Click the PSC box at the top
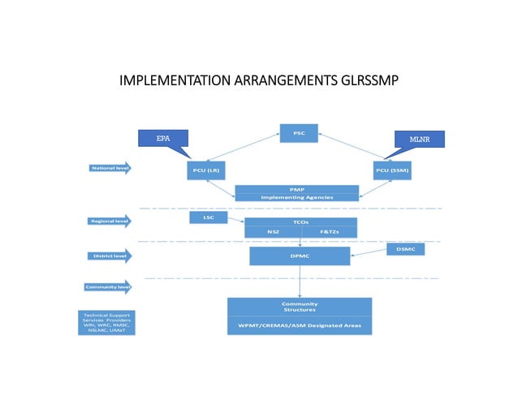pos(298,133)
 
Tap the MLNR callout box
pos(419,139)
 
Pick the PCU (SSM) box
pos(392,170)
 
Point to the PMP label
pos(296,189)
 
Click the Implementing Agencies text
pos(296,197)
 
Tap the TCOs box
pos(301,222)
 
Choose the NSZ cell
pos(273,232)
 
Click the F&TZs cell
pos(330,232)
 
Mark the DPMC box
pos(300,256)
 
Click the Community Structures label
pos(299,307)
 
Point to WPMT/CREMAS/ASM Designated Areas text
pos(299,326)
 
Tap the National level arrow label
pos(109,169)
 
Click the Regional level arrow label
pos(109,220)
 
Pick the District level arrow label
pos(109,256)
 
